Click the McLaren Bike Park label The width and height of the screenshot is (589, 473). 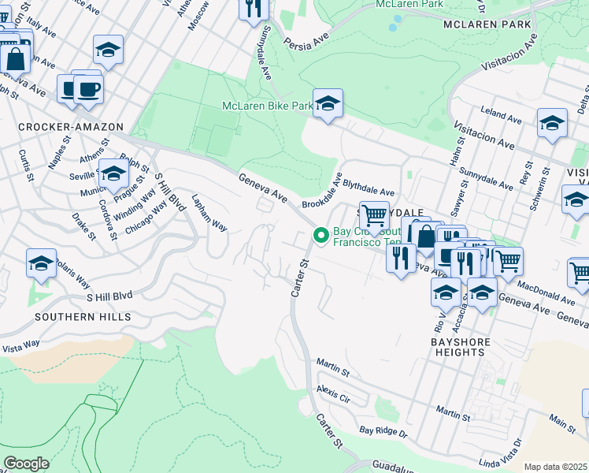click(x=267, y=106)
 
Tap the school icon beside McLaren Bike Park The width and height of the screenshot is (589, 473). click(x=328, y=103)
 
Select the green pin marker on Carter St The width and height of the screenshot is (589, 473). click(x=321, y=235)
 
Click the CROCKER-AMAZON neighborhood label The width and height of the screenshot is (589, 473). click(x=71, y=127)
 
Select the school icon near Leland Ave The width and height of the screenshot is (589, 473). click(x=552, y=124)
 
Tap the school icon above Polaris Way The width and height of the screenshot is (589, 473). click(x=41, y=264)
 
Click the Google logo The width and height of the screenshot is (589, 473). click(x=26, y=464)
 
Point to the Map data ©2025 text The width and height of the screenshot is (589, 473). click(x=556, y=467)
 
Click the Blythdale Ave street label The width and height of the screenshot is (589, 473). click(x=368, y=192)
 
